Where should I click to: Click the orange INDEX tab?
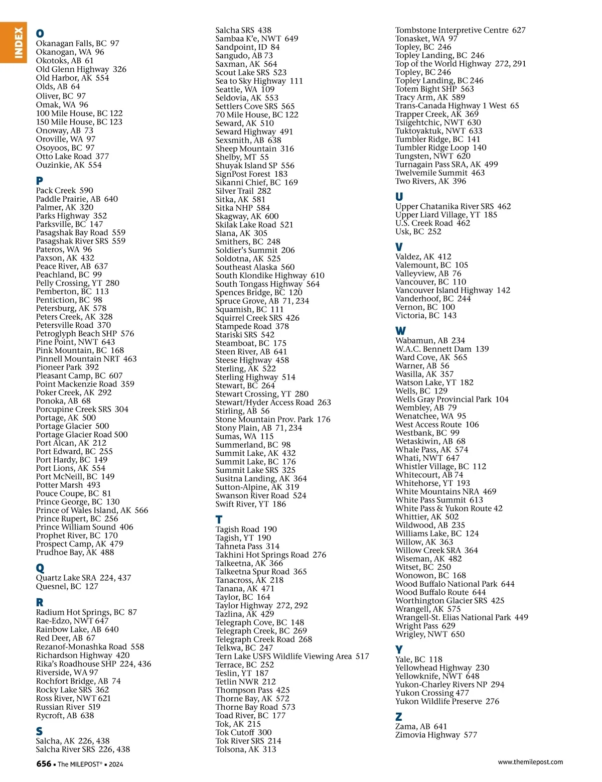pyautogui.click(x=14, y=43)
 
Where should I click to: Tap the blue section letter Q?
pyautogui.click(x=40, y=568)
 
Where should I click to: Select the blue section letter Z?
pyautogui.click(x=399, y=717)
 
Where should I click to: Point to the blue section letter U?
pyautogui.click(x=399, y=197)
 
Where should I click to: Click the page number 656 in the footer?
pyautogui.click(x=44, y=764)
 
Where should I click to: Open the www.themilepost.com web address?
pyautogui.click(x=530, y=762)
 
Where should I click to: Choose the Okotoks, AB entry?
pyautogui.click(x=65, y=61)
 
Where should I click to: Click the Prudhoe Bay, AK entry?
pyautogui.click(x=75, y=553)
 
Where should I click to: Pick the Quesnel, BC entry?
pyautogui.click(x=67, y=586)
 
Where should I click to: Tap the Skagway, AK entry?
pyautogui.click(x=247, y=216)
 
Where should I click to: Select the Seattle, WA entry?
pyautogui.click(x=245, y=89)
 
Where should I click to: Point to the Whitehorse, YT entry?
pyautogui.click(x=432, y=483)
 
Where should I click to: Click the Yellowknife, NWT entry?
pyautogui.click(x=437, y=676)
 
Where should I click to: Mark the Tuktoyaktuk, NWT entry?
pyautogui.click(x=438, y=131)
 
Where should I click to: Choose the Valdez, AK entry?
pyautogui.click(x=423, y=257)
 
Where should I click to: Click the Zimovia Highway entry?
pyautogui.click(x=436, y=735)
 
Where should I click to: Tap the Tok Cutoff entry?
pyautogui.click(x=243, y=733)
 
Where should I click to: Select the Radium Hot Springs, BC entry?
pyautogui.click(x=86, y=612)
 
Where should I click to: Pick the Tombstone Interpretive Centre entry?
pyautogui.click(x=460, y=30)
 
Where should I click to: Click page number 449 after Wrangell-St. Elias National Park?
pyautogui.click(x=521, y=617)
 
